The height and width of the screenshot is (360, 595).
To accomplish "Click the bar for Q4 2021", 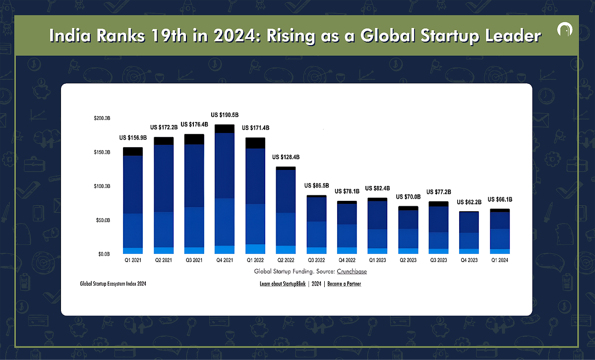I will [x=224, y=189].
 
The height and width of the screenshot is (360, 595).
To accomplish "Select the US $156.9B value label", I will [x=133, y=138].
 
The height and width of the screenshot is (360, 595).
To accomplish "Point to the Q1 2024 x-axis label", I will [x=500, y=259].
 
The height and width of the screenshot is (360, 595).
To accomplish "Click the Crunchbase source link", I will [x=352, y=272].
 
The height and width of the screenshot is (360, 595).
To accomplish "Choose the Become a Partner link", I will [x=344, y=284].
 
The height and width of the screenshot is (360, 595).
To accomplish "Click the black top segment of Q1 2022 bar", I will [x=255, y=143].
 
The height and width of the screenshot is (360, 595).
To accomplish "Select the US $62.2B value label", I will [x=470, y=202].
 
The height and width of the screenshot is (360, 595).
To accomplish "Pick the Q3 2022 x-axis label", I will [x=316, y=259].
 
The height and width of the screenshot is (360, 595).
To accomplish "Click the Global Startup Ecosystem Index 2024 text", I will [x=113, y=284].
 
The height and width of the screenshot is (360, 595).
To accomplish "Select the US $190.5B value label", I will [x=225, y=115].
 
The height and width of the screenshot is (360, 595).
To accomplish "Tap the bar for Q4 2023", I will [x=469, y=233].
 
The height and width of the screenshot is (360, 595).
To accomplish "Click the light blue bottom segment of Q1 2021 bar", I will [x=133, y=250].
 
